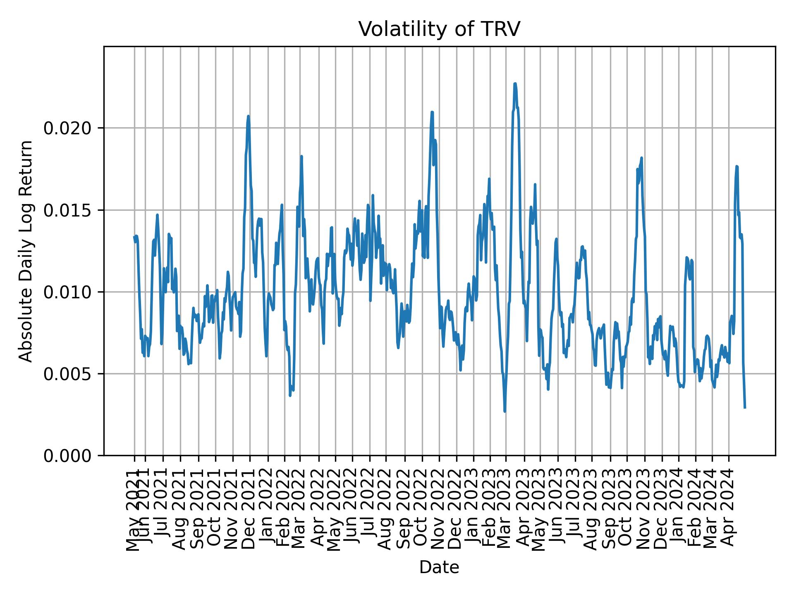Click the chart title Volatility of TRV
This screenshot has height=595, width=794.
coord(439,29)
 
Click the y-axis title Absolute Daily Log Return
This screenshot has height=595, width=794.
coord(26,251)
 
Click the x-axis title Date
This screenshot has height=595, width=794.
coord(439,567)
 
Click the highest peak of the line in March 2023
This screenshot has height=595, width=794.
coord(515,83)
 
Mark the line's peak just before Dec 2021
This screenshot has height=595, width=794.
coord(248,116)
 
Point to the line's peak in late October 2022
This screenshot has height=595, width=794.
coord(432,112)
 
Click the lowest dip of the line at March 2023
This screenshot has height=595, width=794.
coord(505,411)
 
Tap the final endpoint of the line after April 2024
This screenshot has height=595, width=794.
coord(745,408)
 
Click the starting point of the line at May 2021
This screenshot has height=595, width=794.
coord(134,237)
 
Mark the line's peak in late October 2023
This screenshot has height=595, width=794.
coord(641,157)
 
